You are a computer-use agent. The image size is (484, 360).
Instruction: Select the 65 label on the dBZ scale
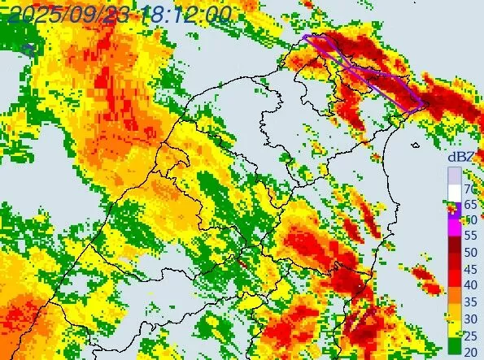click(x=469, y=205)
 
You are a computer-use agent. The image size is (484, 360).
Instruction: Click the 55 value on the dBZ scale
click(x=469, y=236)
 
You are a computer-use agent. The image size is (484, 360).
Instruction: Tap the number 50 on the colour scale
click(x=469, y=252)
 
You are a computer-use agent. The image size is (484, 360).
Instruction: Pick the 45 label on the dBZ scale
click(x=469, y=268)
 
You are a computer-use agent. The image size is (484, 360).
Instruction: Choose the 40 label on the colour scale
click(x=469, y=284)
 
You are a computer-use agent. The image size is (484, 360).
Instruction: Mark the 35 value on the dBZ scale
click(x=469, y=301)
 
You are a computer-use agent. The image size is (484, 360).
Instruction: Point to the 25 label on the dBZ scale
click(x=469, y=334)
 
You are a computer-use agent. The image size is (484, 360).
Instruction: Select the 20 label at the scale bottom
click(x=469, y=350)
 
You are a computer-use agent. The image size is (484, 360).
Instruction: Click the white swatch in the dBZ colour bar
click(x=454, y=192)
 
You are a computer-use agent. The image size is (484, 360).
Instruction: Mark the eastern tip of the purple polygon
click(x=424, y=105)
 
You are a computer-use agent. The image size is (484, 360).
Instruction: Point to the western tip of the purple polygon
click(x=303, y=37)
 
